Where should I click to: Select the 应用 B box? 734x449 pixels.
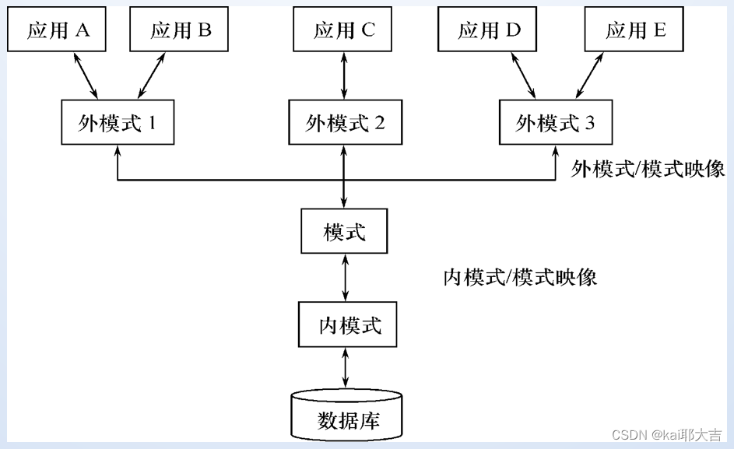tap(180, 30)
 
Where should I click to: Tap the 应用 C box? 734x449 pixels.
tap(344, 30)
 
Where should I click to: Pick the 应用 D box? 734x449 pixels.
tap(489, 30)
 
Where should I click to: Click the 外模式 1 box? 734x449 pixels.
tap(117, 123)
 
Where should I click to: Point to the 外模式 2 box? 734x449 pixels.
tap(345, 123)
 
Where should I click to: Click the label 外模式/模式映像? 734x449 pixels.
tap(648, 170)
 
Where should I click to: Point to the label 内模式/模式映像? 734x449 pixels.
tap(520, 277)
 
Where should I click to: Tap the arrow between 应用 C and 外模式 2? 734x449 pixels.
tap(344, 76)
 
